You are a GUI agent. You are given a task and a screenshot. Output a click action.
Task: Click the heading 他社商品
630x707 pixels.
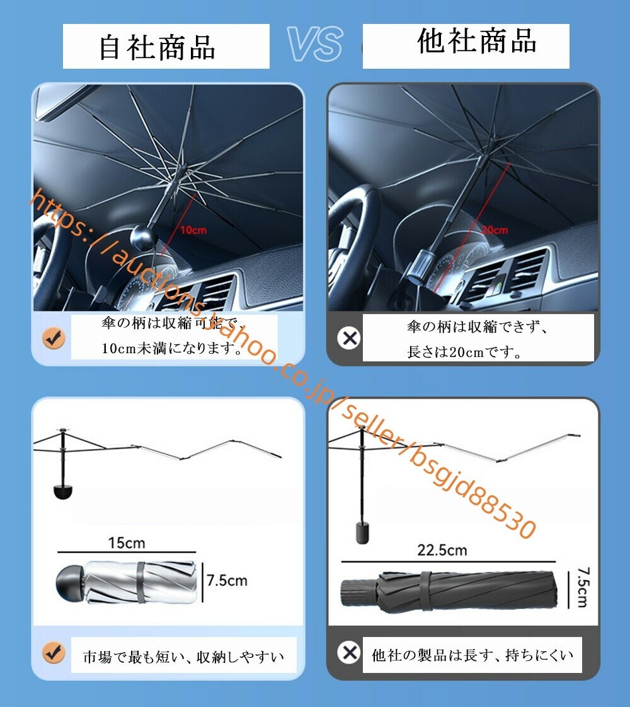pos(477,42)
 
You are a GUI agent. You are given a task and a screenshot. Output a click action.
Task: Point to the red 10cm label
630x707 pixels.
pos(193,230)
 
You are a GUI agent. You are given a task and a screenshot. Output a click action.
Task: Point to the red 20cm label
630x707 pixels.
pos(495,230)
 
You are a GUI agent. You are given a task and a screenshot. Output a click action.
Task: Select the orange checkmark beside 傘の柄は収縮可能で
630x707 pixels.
pos(54,339)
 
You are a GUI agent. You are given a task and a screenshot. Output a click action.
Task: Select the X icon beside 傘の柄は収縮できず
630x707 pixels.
pos(348,339)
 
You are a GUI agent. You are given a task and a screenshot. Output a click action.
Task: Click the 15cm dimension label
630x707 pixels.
pos(126,543)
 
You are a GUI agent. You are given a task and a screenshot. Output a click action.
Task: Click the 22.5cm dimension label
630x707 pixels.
pos(442,550)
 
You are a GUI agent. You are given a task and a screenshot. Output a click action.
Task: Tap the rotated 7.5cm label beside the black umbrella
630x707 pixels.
pos(581,587)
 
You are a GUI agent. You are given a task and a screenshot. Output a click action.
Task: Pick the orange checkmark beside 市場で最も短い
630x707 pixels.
pos(54,651)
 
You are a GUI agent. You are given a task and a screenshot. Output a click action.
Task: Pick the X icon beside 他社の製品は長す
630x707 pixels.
pos(348,651)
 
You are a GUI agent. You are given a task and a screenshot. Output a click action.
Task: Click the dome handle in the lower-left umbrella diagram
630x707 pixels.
pos(61,492)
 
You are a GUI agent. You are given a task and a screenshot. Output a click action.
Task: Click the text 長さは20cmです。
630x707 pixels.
pos(465,352)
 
